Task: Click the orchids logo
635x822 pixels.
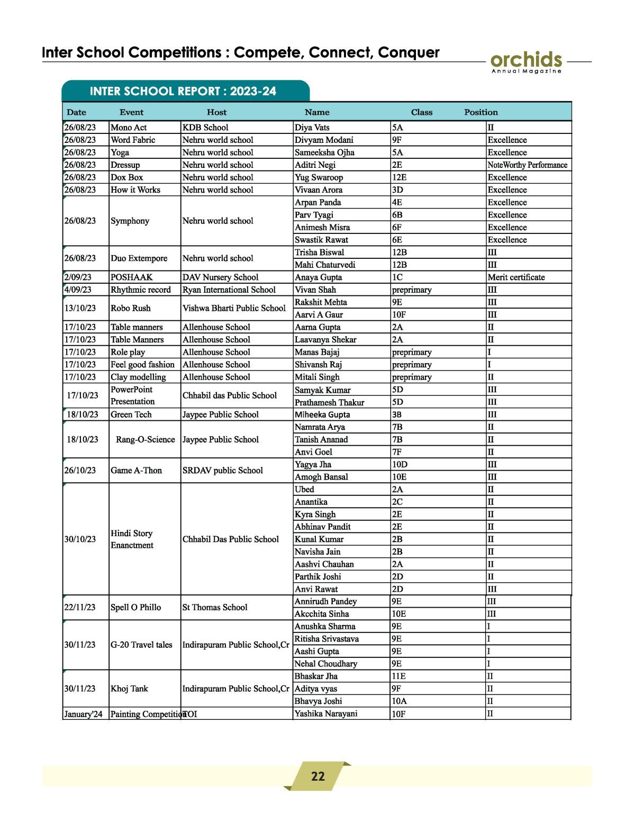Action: coord(526,61)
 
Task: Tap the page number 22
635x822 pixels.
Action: coord(317,776)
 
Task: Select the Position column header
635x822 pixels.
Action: coord(480,112)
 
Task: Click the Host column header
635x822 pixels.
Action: coord(216,112)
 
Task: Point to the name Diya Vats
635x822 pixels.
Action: coord(312,128)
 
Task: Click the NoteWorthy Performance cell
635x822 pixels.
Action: coord(527,165)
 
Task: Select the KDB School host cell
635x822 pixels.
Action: coord(205,128)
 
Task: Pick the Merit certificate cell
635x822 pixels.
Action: coord(516,277)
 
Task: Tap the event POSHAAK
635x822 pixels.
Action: coord(131,277)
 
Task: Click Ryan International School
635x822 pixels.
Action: coord(229,290)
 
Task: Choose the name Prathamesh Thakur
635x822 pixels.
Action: coord(329,402)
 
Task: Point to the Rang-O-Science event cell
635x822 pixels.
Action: coord(145,439)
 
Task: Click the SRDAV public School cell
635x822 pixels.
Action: coord(222,471)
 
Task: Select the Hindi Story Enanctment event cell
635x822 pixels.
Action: coord(132,539)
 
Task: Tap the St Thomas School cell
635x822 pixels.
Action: coord(214,608)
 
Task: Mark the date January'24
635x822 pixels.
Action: coord(83,714)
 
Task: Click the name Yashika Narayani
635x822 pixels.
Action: coord(325,713)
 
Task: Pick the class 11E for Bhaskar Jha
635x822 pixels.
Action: coord(398,676)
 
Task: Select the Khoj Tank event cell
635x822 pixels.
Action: coord(129,689)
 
